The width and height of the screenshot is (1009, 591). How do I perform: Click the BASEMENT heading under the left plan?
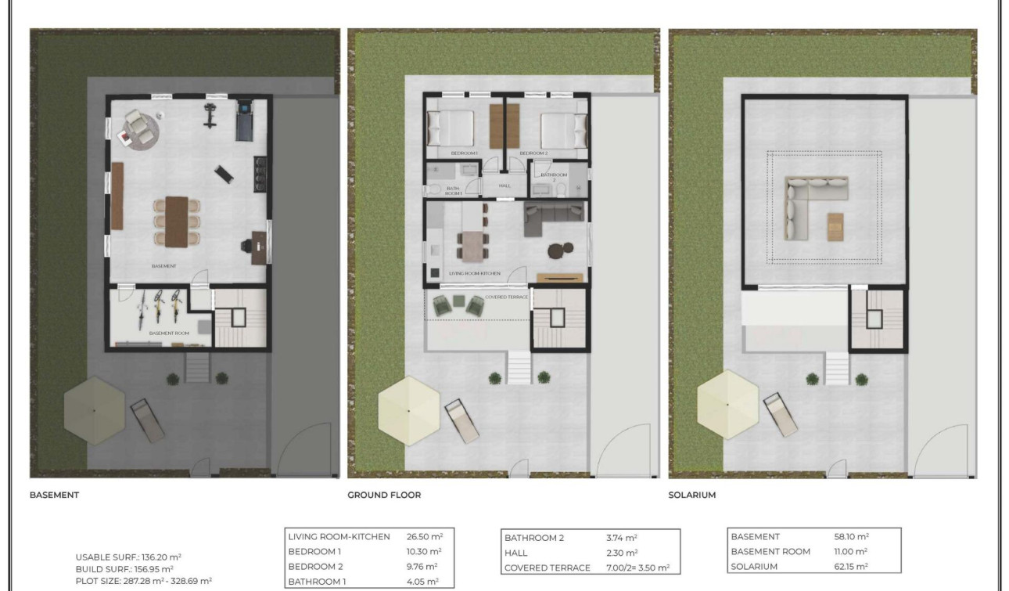[54, 496]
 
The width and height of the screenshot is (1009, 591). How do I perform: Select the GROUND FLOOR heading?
[384, 496]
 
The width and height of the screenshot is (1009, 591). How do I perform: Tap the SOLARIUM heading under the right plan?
[691, 496]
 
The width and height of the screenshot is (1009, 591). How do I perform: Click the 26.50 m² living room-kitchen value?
[425, 537]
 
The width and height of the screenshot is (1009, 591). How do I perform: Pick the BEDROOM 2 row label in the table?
[316, 567]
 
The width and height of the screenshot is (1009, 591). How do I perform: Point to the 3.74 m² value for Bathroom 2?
[622, 538]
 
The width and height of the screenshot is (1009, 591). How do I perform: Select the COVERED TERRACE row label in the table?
[548, 568]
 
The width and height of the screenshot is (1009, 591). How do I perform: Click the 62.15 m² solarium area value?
[852, 567]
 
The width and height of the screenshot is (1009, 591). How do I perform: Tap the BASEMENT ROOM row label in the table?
[770, 552]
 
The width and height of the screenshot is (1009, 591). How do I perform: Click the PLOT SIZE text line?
[144, 581]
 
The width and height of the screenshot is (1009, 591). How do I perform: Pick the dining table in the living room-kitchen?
[471, 247]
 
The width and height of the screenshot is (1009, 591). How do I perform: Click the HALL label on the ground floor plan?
[504, 186]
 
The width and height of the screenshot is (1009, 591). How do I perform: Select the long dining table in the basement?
[177, 221]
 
